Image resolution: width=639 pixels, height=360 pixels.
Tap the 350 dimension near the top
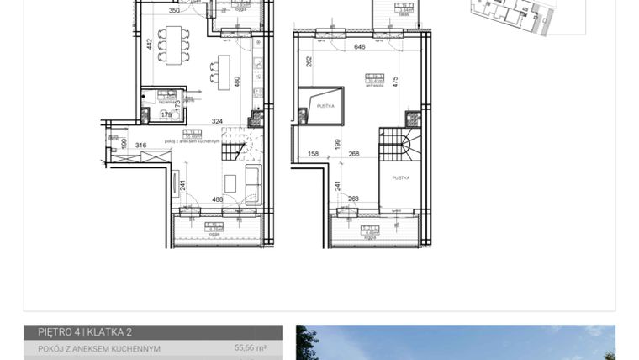(174, 12)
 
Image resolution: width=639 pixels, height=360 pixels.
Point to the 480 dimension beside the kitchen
(237, 82)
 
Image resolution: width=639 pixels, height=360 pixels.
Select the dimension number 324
(193, 122)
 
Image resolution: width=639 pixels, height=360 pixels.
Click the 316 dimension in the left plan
(140, 146)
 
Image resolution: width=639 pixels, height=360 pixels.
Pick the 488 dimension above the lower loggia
(195, 199)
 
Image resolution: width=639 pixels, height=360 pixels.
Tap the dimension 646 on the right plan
(359, 48)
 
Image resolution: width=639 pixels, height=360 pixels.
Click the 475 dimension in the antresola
(394, 82)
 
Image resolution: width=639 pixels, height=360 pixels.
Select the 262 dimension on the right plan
(309, 61)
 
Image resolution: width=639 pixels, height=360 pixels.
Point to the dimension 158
(313, 154)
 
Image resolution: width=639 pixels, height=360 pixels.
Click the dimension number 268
(354, 154)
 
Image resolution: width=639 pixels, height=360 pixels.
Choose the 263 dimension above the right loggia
(353, 199)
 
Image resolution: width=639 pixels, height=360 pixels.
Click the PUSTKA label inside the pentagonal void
(326, 107)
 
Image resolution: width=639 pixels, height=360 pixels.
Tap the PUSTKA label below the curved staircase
(400, 178)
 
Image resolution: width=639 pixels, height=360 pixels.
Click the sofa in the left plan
(251, 180)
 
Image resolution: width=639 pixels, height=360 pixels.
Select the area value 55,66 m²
(250, 348)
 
